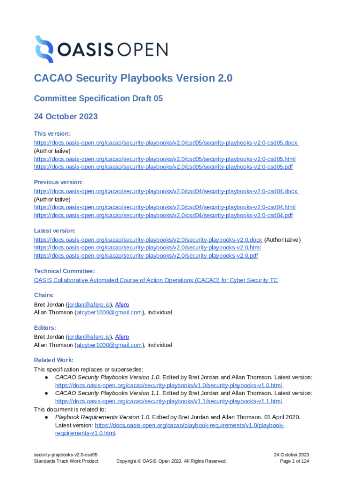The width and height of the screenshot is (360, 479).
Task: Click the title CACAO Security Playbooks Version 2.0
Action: point(133,78)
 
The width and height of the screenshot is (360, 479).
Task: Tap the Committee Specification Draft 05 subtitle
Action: point(98,98)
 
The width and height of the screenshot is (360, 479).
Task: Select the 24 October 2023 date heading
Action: point(65,116)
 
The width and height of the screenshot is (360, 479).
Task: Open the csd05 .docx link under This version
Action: point(166,143)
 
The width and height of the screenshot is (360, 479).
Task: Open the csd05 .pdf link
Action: point(163,167)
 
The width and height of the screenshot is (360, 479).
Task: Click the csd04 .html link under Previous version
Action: point(165,207)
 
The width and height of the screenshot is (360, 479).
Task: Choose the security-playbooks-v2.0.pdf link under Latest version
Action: point(146,256)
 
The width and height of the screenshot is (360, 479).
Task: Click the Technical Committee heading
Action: point(65,271)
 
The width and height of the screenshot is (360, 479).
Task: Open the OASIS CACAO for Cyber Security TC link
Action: point(156,280)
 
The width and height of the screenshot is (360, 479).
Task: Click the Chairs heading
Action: point(44,295)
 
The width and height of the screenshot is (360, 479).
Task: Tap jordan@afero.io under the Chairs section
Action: point(89,305)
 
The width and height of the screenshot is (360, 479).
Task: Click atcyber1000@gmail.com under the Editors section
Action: point(109,345)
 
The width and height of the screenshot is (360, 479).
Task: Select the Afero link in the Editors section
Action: point(122,337)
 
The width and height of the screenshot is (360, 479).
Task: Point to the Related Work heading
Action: point(53,360)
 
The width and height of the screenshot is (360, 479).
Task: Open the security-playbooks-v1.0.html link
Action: point(169,385)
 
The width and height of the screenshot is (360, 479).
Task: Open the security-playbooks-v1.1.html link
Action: point(169,401)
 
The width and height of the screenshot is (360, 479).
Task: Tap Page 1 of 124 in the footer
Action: point(294,461)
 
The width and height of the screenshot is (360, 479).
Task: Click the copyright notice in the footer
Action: point(171,461)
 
